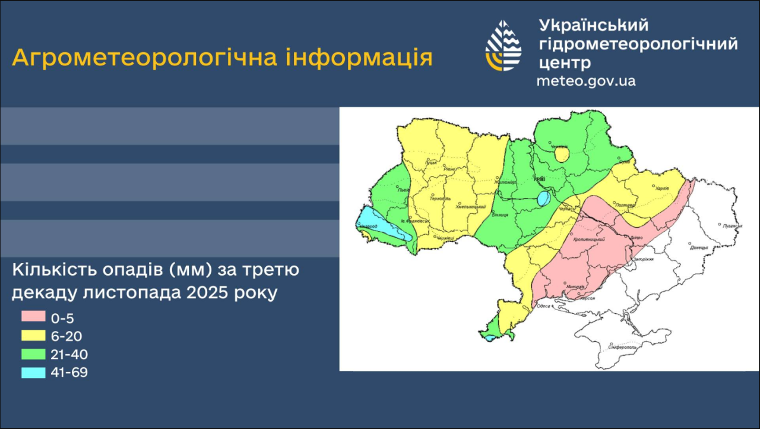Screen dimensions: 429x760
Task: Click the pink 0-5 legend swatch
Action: pos(33,317)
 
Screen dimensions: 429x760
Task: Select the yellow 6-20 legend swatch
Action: pos(33,335)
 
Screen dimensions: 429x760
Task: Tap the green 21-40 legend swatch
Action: pos(33,354)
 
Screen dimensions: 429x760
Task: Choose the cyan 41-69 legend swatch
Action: pos(33,373)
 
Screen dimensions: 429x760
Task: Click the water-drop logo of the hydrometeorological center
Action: pos(503,46)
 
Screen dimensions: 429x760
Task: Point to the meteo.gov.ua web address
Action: pos(586,81)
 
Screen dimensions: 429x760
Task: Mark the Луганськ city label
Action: pos(731,226)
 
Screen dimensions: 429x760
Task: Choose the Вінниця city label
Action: pos(501,214)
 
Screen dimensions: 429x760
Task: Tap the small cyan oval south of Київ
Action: pos(543,199)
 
